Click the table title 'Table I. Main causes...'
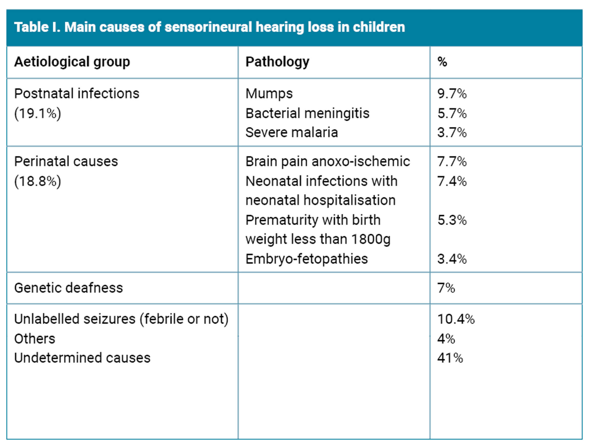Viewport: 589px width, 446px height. tap(209, 27)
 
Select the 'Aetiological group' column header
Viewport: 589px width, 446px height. tap(72, 62)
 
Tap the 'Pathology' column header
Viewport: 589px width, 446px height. tap(277, 62)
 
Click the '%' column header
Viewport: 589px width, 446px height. tap(442, 62)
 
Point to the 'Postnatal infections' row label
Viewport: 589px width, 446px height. tap(77, 93)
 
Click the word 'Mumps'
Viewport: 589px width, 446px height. tap(269, 93)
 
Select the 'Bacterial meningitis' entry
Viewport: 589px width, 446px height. tap(307, 113)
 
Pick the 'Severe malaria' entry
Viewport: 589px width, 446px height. tap(292, 132)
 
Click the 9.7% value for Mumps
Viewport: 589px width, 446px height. tap(452, 94)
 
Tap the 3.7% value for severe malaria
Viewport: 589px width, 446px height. tap(452, 133)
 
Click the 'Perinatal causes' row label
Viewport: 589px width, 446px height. tap(66, 161)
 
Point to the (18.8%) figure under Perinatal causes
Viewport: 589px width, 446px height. tap(38, 181)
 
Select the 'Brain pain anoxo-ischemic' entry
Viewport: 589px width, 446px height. tap(328, 161)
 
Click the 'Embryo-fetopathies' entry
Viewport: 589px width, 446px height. tap(307, 259)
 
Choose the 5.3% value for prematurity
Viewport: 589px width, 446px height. tap(452, 220)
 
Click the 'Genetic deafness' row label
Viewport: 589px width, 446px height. tap(68, 288)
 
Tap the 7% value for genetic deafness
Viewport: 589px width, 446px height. tap(446, 288)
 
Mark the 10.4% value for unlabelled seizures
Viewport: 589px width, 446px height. tap(456, 319)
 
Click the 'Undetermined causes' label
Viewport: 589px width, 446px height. tap(82, 358)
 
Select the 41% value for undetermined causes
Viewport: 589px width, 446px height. tap(450, 358)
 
